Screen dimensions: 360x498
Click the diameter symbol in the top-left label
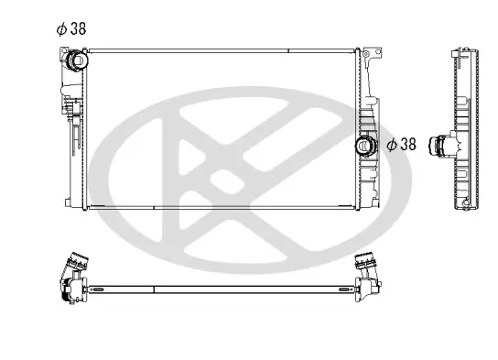pyautogui.click(x=61, y=28)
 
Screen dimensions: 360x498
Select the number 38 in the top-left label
pyautogui.click(x=78, y=28)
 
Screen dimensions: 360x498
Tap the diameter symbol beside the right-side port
pyautogui.click(x=391, y=144)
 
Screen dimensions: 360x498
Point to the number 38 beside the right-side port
pyautogui.click(x=407, y=144)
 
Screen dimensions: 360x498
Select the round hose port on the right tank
pyautogui.click(x=367, y=145)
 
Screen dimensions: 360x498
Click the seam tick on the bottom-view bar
pyautogui.click(x=154, y=289)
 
